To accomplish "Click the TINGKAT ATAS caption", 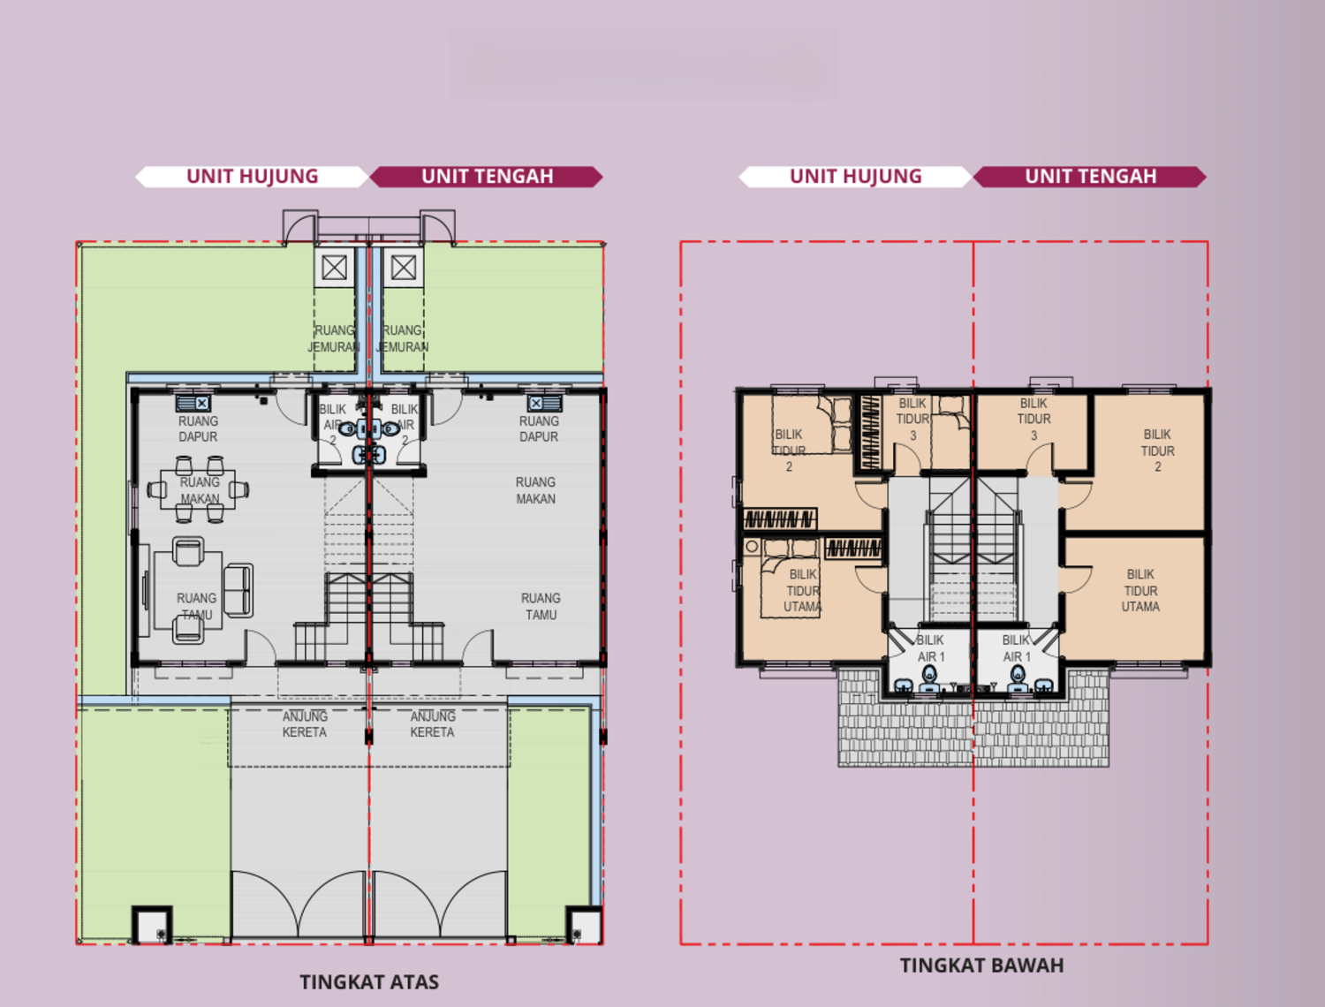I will [369, 982].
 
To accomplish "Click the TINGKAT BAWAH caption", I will [981, 965].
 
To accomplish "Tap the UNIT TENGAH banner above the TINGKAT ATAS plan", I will [487, 177].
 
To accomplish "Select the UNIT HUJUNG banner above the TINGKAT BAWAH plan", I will [855, 177].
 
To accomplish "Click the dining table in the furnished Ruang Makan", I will [200, 489].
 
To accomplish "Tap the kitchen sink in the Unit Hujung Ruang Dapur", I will [193, 404].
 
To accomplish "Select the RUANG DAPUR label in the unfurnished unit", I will [539, 429].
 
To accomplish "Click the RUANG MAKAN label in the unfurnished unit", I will [535, 490].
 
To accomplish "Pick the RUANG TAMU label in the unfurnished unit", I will [541, 606].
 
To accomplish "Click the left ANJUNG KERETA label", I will [305, 724].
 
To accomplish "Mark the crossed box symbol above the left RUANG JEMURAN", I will [334, 267].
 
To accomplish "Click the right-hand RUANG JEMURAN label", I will [403, 338].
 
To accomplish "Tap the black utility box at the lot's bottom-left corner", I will [152, 926].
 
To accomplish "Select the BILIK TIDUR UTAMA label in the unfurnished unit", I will [1140, 590].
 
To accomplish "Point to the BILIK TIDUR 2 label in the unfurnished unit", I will [1157, 450].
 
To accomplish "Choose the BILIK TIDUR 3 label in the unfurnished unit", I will [1033, 419].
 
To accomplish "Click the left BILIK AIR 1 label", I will [930, 648].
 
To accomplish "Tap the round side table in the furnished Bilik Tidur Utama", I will [752, 547].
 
